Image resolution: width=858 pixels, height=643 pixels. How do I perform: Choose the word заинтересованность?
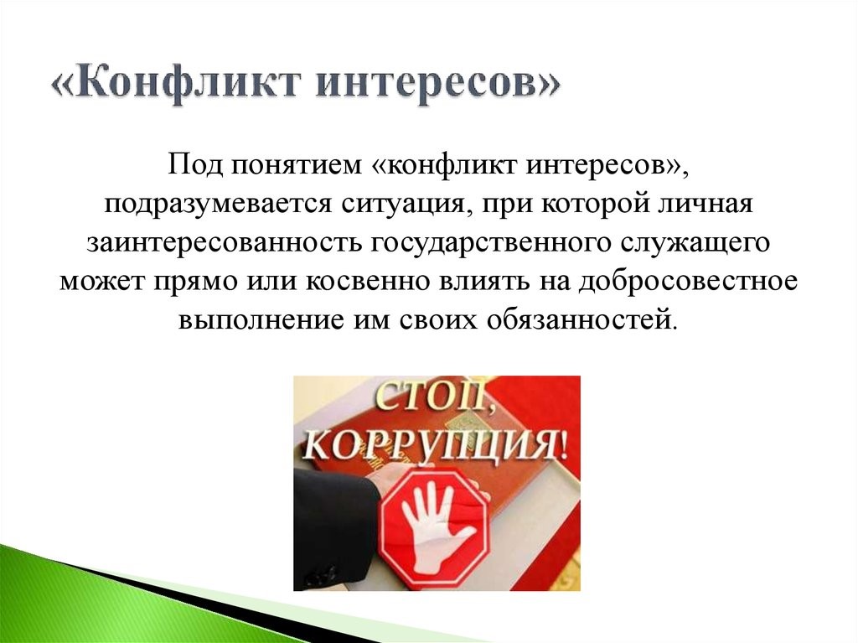[223, 242]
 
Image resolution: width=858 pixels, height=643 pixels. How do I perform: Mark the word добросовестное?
[688, 281]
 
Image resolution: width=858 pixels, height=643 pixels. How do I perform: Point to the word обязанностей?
[581, 319]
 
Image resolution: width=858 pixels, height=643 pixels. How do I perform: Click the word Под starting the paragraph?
[195, 163]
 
